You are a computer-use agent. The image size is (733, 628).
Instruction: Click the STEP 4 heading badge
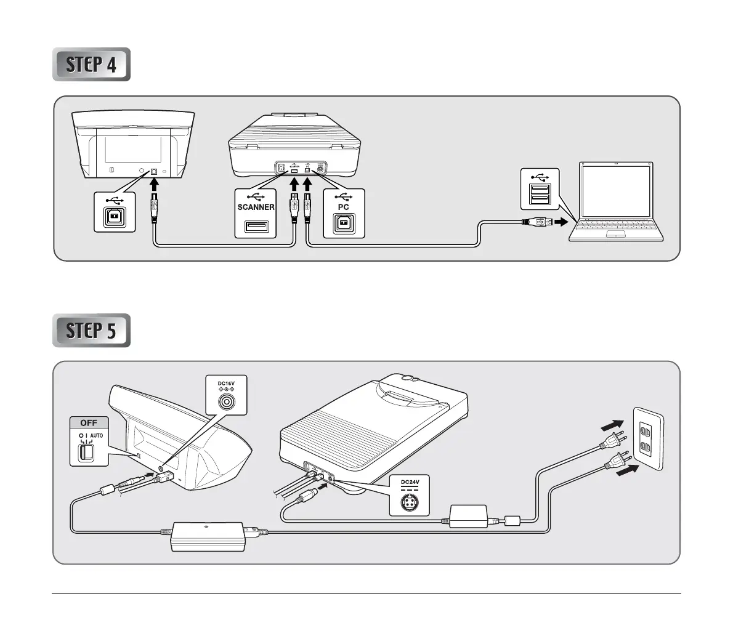point(91,64)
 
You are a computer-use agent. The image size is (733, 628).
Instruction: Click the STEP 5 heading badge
point(91,331)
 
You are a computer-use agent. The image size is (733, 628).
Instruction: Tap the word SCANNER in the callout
point(256,207)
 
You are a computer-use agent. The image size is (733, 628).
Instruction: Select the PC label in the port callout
point(344,207)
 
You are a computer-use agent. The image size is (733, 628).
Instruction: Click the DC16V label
point(227,383)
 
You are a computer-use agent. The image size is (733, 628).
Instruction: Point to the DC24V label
point(409,482)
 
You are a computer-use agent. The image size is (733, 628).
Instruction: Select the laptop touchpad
point(617,235)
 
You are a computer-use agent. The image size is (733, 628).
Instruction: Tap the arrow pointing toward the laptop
point(561,222)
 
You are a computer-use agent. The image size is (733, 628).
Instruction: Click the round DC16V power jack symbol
point(227,403)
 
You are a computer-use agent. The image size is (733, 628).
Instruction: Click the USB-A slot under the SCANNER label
point(256,227)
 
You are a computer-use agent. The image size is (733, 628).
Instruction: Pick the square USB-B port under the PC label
point(344,225)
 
